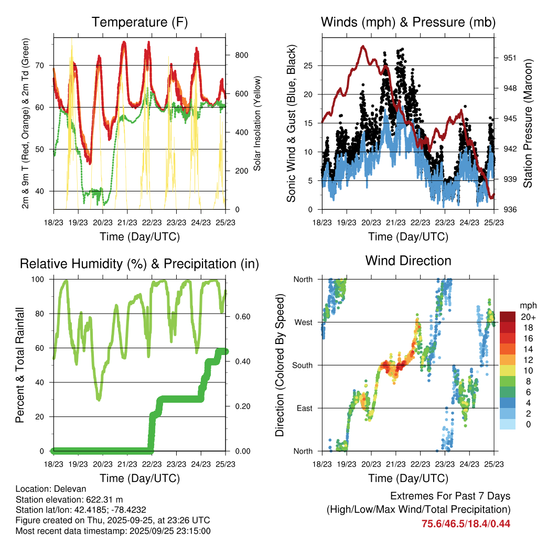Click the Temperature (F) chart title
pos(139,22)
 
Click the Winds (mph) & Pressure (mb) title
pos(408,22)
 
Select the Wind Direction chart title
pos(408,260)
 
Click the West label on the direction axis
pos(303,322)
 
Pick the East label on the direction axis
pos(305,408)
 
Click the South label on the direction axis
pos(303,365)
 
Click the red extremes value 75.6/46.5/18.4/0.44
pos(466,523)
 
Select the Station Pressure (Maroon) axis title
pos(528,124)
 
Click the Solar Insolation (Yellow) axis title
pos(257,124)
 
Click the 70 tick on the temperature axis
pos(42,66)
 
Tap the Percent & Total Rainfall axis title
pos(19,365)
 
